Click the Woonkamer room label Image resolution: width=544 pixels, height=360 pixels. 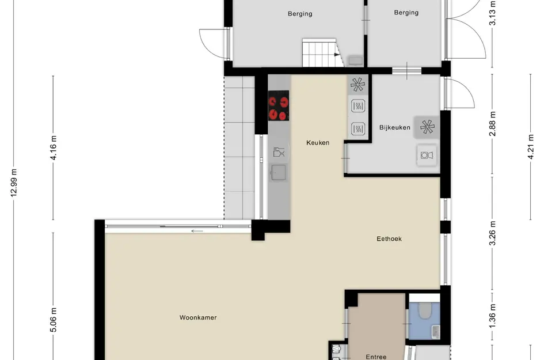point(198,317)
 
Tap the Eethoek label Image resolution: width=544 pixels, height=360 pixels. point(389,238)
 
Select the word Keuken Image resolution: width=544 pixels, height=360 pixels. point(318,142)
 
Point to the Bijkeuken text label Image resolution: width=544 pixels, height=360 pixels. point(395,127)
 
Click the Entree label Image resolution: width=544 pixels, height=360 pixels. point(376,357)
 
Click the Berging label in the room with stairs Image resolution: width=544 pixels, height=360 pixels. point(300,14)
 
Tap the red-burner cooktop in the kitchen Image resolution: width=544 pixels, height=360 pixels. point(279,107)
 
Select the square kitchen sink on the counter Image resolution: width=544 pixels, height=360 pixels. point(279,172)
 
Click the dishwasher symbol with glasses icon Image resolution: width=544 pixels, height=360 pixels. point(279,152)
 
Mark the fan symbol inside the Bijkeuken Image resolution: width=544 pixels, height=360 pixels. point(427,127)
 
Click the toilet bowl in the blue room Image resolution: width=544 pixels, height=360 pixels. point(424,311)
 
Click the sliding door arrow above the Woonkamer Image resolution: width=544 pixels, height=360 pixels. point(197,232)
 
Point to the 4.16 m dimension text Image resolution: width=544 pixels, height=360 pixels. point(54,148)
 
